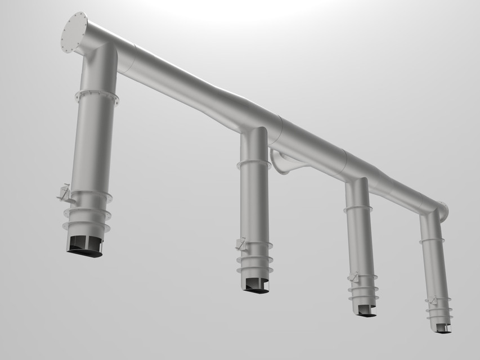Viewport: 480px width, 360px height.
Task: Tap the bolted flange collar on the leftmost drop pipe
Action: [x=97, y=96]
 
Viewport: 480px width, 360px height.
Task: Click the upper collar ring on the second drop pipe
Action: [x=254, y=164]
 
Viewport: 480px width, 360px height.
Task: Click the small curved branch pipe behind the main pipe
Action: [x=284, y=163]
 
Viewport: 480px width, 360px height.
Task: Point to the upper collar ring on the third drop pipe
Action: [x=358, y=208]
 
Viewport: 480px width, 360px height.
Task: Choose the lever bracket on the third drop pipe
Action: [x=353, y=277]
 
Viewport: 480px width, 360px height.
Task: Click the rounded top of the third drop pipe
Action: [x=356, y=184]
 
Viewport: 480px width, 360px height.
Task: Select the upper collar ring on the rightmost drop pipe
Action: [x=432, y=241]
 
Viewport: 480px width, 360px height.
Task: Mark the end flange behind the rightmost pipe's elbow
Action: [x=444, y=211]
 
